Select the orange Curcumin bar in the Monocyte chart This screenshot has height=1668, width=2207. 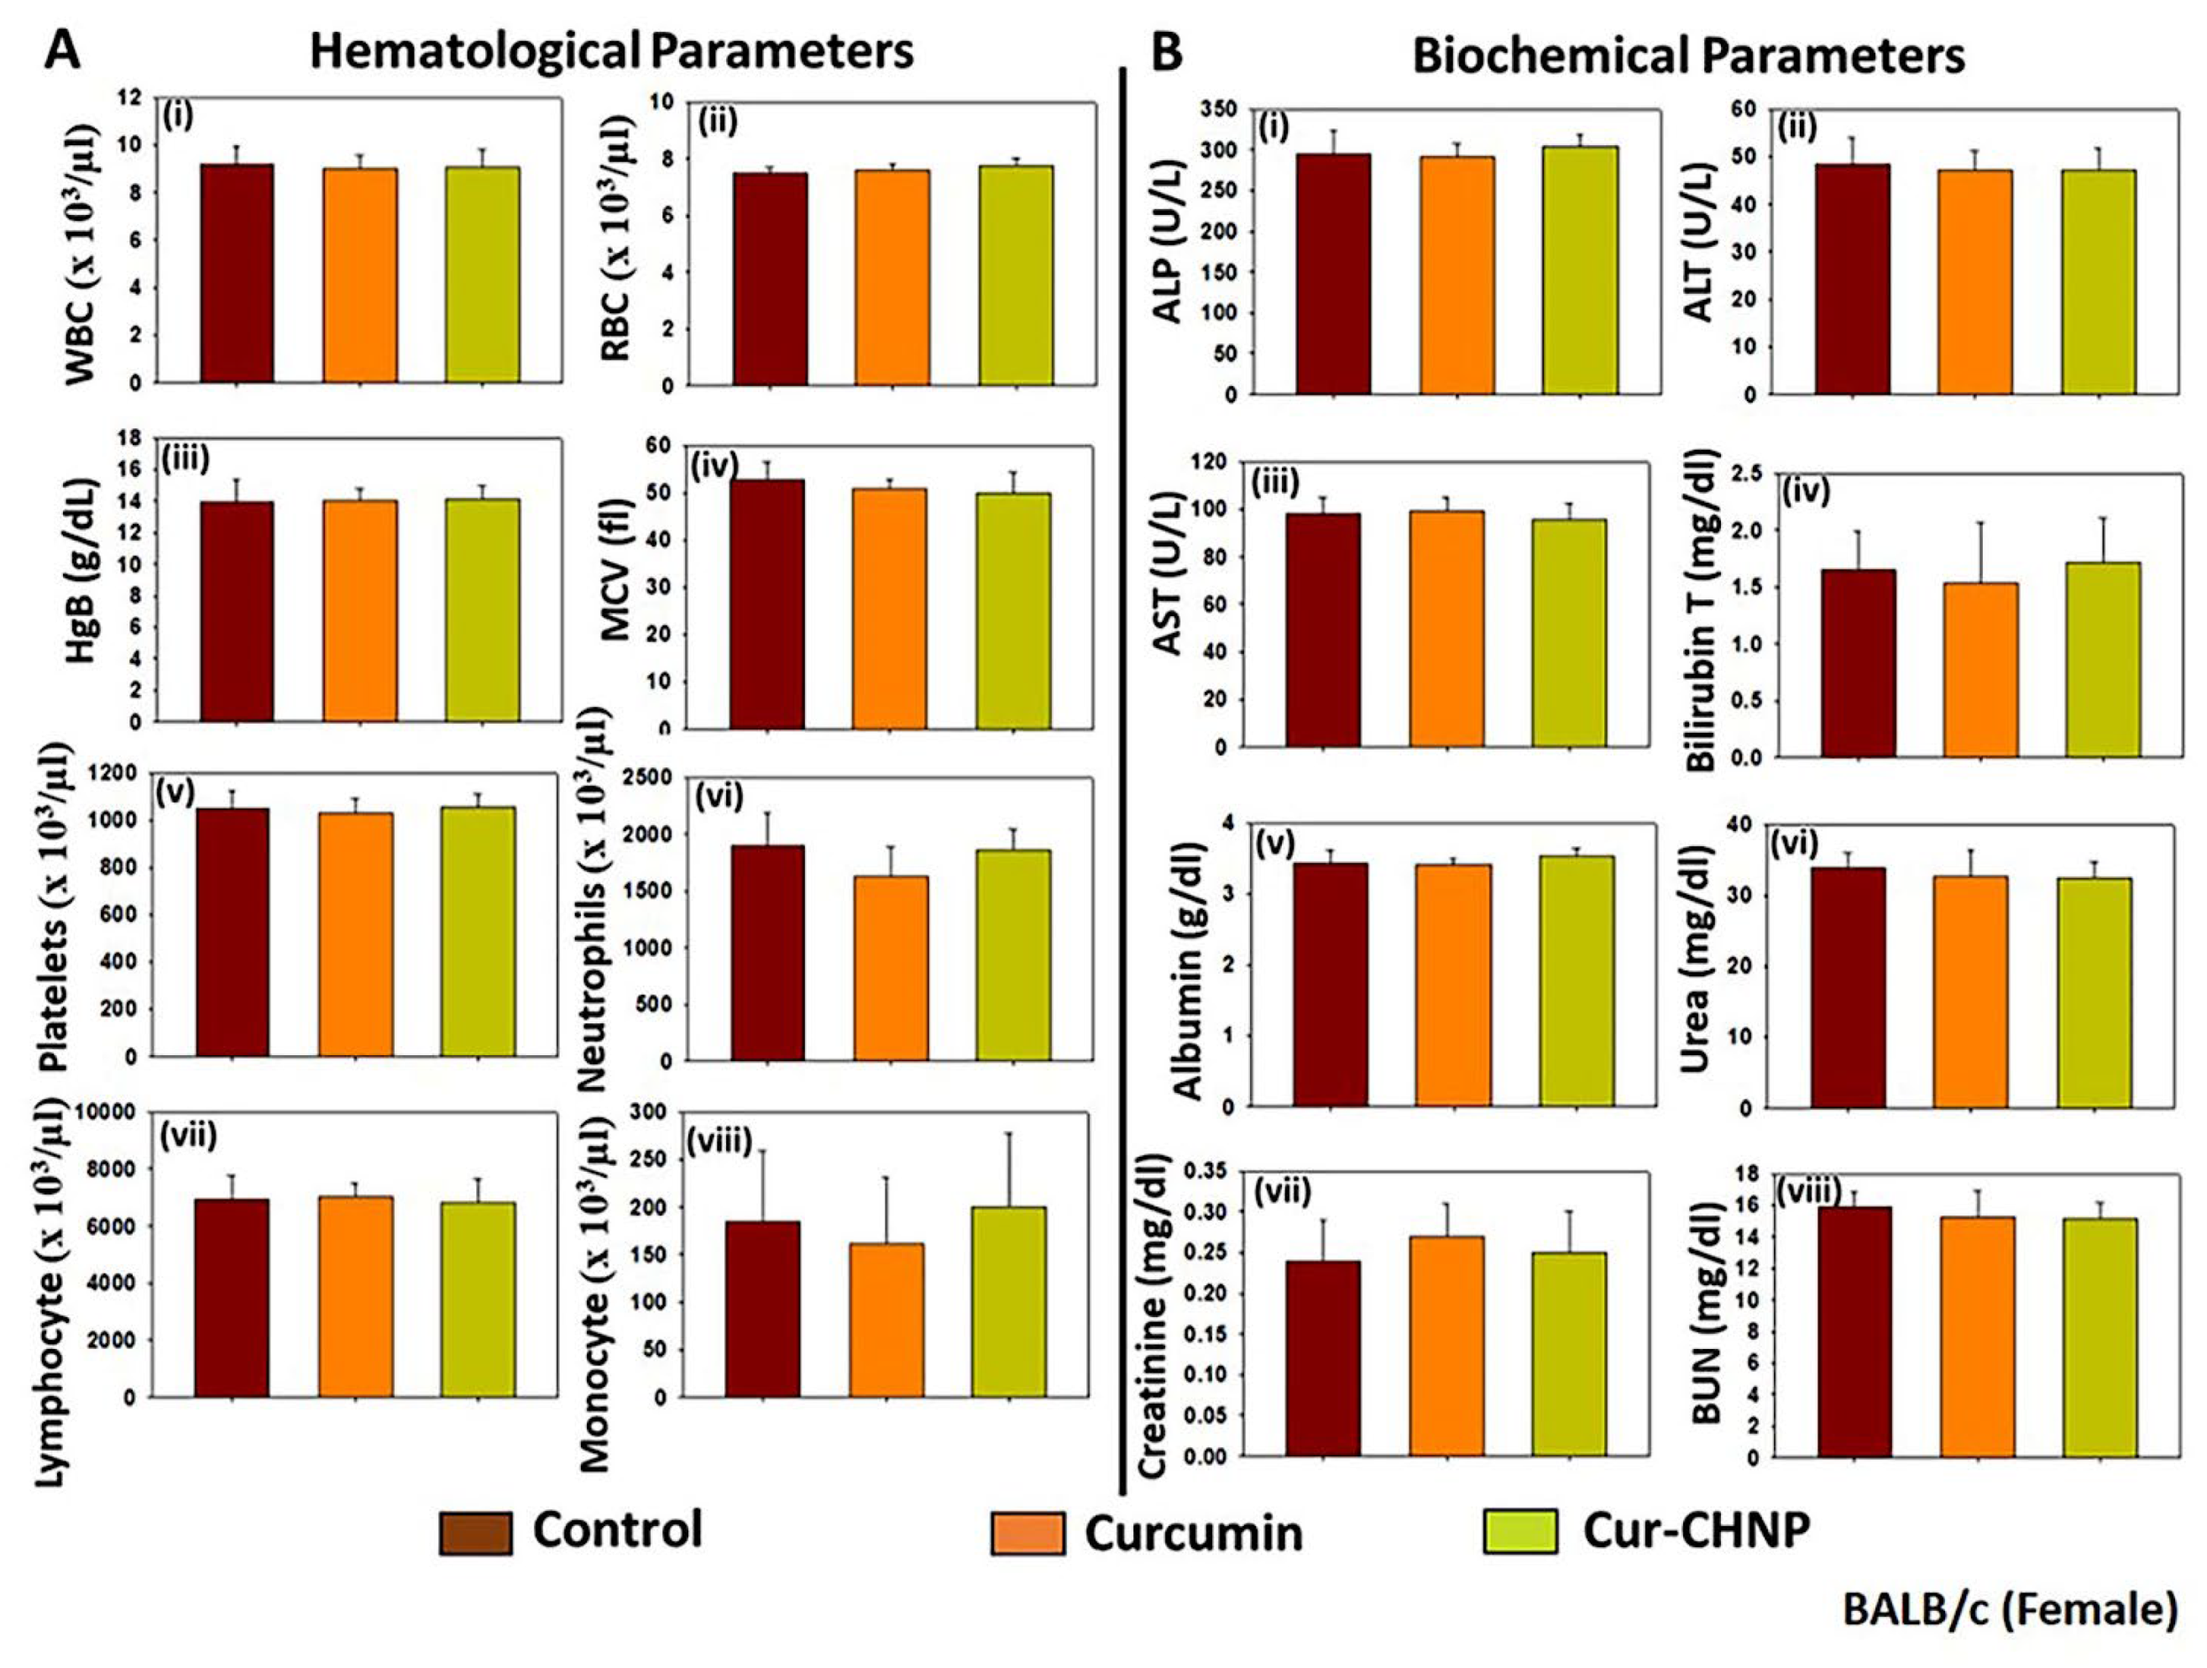[x=886, y=1319]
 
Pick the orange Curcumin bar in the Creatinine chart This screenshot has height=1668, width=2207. [x=1446, y=1346]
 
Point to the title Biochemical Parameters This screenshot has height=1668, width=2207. [x=1688, y=57]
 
